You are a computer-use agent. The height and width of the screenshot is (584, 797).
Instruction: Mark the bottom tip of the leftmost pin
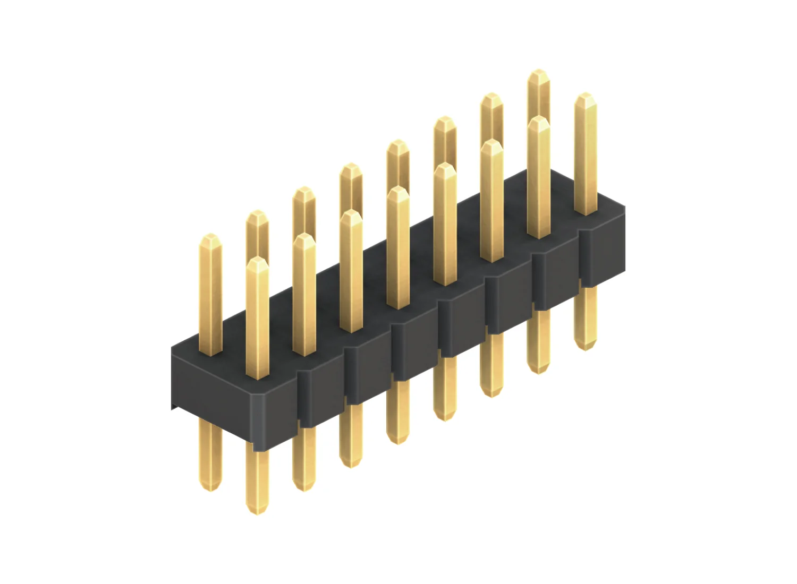click(x=210, y=489)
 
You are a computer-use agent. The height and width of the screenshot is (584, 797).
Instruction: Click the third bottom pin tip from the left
click(x=304, y=489)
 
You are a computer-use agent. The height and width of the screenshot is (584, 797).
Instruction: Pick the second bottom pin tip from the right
click(x=538, y=372)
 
